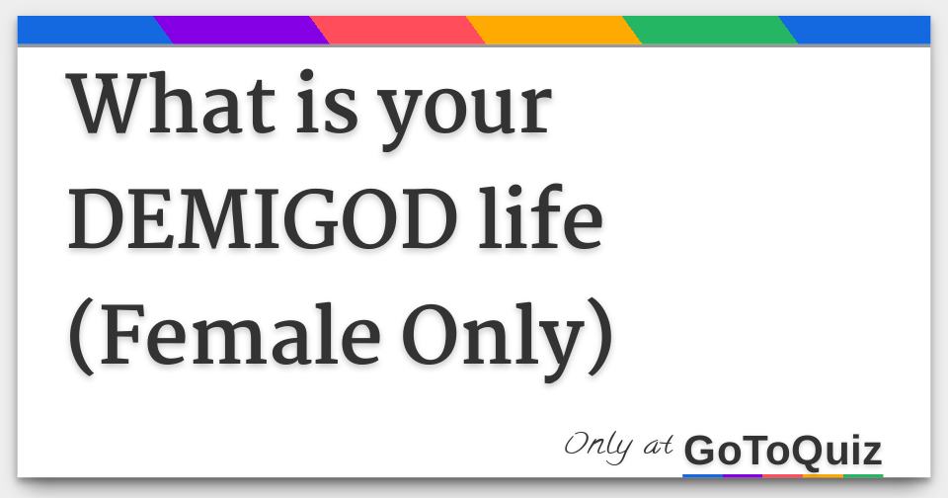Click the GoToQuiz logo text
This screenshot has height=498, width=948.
click(782, 451)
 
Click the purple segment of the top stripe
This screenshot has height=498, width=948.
click(242, 30)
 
